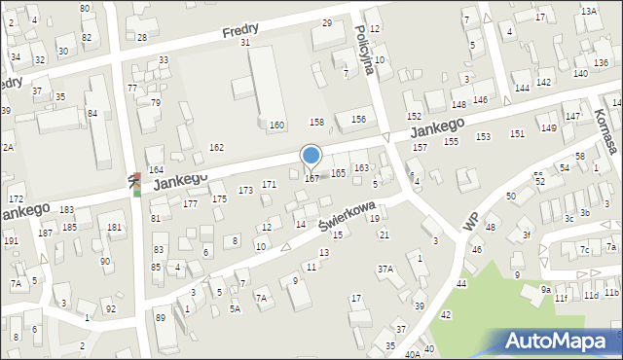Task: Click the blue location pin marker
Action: tap(311, 156)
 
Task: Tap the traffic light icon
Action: tap(136, 183)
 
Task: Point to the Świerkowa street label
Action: tap(348, 213)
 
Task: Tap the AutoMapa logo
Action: tap(562, 341)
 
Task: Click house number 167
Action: tap(311, 178)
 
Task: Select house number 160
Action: tap(277, 125)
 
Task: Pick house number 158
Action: tap(316, 122)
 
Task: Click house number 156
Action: tap(358, 119)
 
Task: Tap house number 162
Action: tap(216, 147)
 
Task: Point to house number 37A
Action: tap(385, 269)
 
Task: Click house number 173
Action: tap(246, 190)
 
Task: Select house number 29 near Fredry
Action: tap(326, 22)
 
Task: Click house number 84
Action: tap(92, 113)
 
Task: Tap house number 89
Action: tap(161, 316)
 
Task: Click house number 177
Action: tap(190, 203)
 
